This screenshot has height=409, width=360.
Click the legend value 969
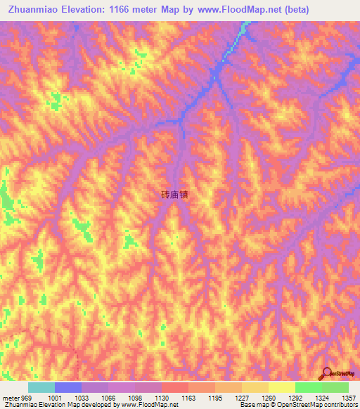[22, 397]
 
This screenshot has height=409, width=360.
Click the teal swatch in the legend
[41, 387]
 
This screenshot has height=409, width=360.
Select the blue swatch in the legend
[67, 387]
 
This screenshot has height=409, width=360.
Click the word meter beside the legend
[9, 397]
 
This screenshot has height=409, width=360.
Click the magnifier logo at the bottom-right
[328, 373]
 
